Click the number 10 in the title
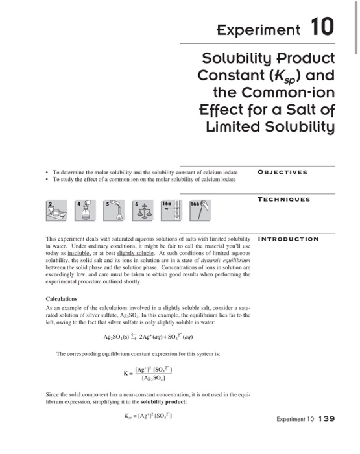coord(322,28)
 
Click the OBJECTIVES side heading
coord(282,173)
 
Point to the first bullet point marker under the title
coord(47,172)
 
